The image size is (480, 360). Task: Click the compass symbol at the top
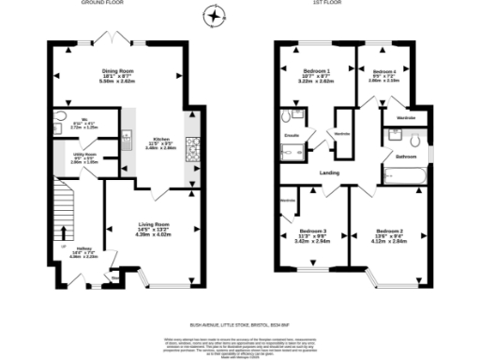(x=217, y=15)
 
